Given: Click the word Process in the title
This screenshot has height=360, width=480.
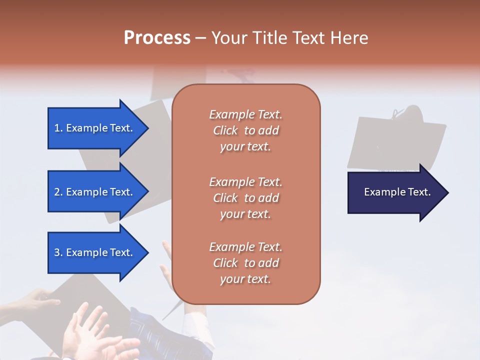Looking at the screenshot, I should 157,38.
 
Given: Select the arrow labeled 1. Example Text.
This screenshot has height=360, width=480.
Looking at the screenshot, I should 95,128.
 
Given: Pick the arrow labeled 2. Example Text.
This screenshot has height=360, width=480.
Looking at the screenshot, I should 95,192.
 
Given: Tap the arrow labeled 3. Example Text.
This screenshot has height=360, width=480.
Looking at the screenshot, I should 95,252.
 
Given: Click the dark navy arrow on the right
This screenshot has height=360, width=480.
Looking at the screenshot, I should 395,192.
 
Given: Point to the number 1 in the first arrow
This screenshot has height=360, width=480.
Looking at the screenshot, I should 56,128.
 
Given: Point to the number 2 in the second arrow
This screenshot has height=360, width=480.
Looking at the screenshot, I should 57,192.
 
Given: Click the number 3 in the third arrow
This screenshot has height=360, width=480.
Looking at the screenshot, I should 57,252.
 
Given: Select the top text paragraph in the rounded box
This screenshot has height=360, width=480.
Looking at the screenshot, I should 245,130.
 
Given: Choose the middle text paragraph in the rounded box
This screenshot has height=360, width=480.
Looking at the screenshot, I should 245,198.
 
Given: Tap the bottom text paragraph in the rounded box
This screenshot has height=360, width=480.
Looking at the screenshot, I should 245,263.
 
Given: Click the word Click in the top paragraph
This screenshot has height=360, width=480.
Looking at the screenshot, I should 225,130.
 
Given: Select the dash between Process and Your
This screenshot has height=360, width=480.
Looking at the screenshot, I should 200,38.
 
